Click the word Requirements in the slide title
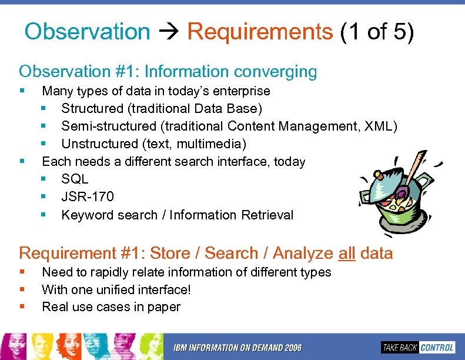click(260, 31)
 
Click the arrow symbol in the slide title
click(169, 32)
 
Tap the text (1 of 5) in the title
click(377, 31)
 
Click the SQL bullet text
click(75, 179)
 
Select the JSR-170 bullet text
click(88, 197)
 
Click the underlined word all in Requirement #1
click(347, 254)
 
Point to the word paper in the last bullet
click(165, 307)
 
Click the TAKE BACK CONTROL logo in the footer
click(417, 347)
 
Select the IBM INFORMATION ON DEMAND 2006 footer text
click(237, 348)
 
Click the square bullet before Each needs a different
click(22, 161)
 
